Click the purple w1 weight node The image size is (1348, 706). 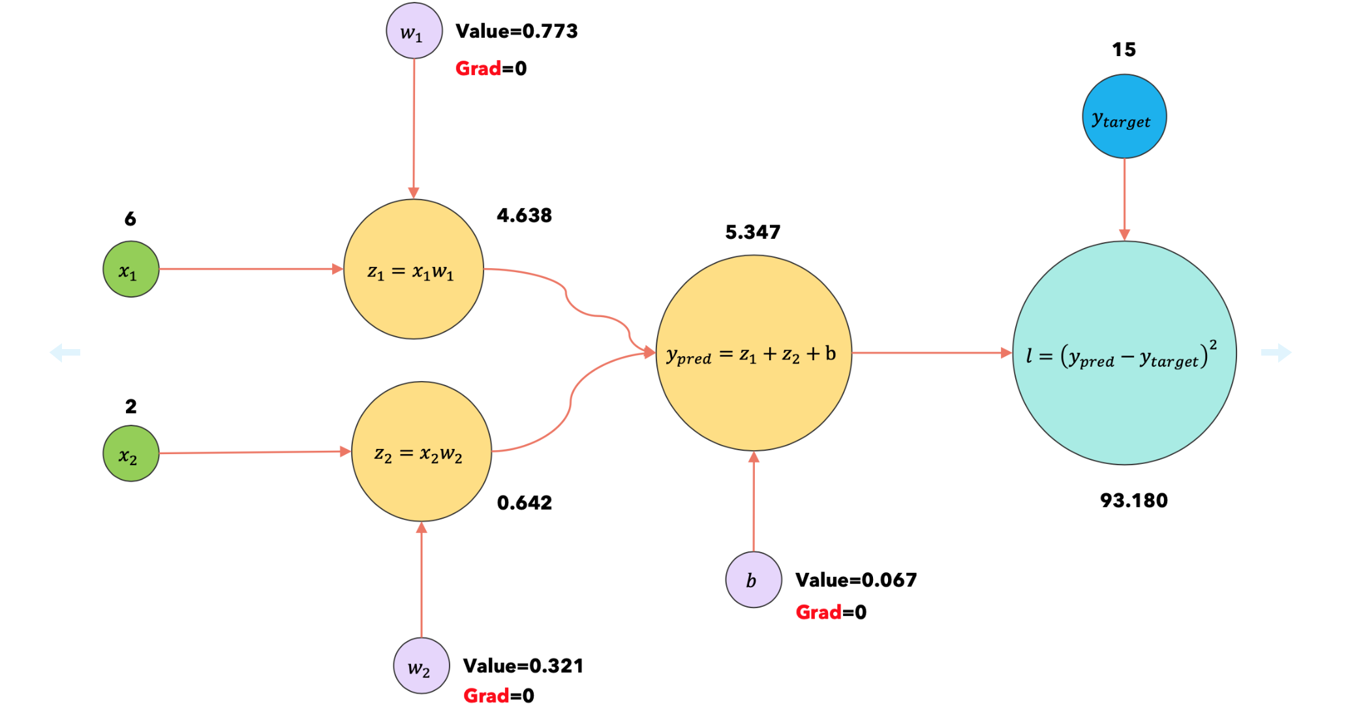414,31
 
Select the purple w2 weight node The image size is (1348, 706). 421,666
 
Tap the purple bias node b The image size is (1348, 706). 754,579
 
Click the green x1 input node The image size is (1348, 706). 130,269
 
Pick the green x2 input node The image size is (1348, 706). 130,453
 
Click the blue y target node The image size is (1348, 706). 1124,116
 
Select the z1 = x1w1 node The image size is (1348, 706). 413,269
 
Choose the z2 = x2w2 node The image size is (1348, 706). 421,452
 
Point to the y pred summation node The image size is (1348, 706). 753,353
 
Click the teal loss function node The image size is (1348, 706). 1124,353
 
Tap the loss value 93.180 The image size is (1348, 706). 1133,500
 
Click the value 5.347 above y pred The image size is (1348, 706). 752,232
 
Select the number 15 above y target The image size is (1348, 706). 1124,50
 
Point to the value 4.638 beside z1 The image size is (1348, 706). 524,215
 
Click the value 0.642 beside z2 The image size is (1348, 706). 524,502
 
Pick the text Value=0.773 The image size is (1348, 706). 516,31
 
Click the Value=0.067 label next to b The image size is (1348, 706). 855,580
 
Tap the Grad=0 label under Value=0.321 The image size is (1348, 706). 498,696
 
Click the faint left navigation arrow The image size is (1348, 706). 65,353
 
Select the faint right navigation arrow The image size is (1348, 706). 1276,353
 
